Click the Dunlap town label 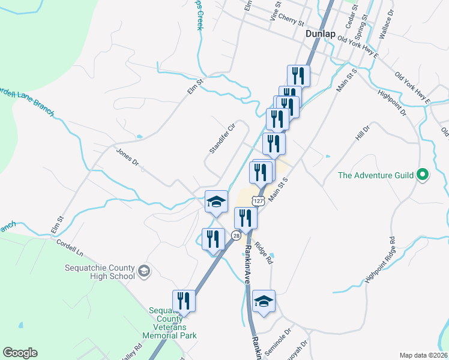tap(320, 34)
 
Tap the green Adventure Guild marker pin tap(423, 175)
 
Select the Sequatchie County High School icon tap(143, 272)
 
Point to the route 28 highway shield tap(237, 236)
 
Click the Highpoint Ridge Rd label tap(379, 261)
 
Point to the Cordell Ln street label tap(70, 247)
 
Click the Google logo tap(20, 353)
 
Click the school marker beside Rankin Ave tap(263, 301)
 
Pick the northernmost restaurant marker tap(298, 76)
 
